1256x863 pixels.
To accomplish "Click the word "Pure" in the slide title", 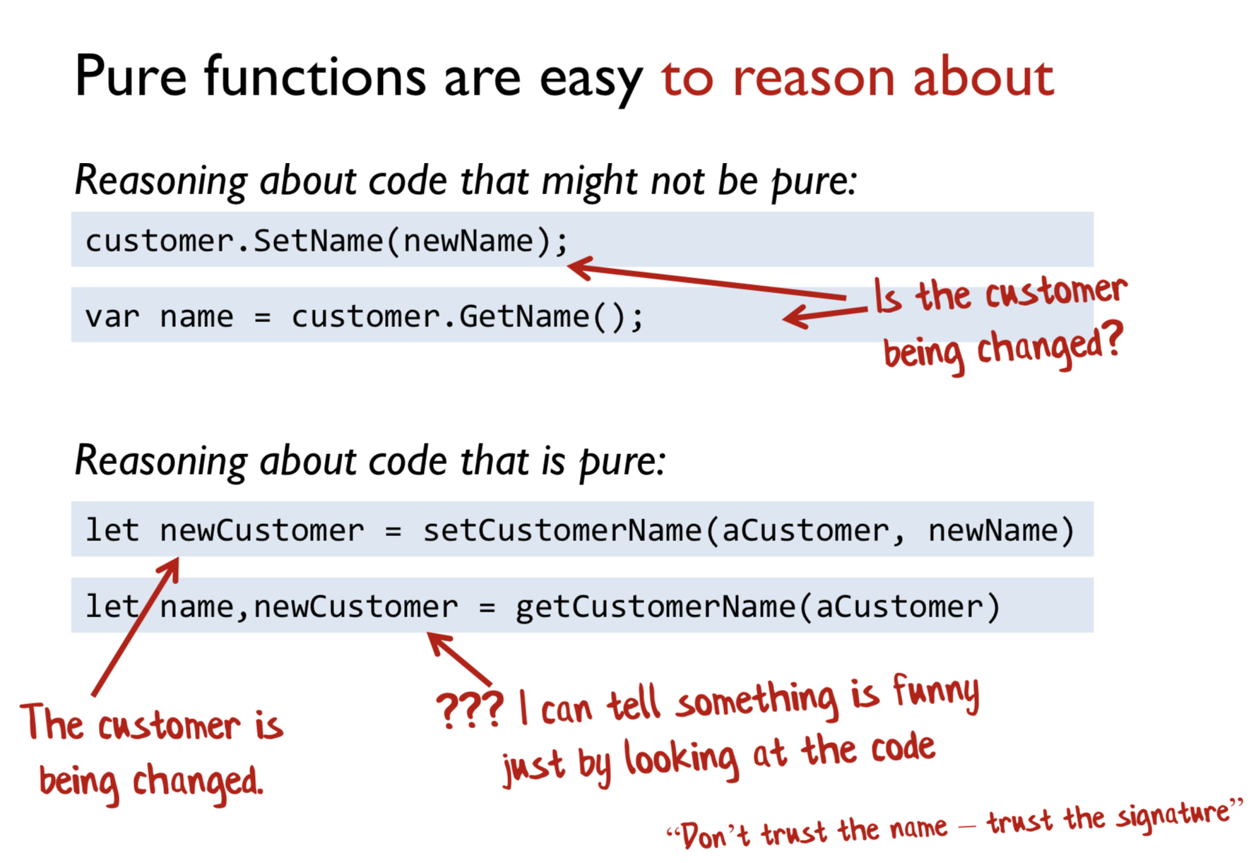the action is click(x=131, y=76).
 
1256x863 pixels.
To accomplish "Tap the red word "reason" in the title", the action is click(x=814, y=78).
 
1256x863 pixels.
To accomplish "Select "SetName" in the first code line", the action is click(x=319, y=241).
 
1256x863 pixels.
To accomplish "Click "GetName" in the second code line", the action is click(x=525, y=316).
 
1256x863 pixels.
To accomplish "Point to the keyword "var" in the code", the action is click(x=112, y=317).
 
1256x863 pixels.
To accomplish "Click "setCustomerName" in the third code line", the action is click(x=563, y=530).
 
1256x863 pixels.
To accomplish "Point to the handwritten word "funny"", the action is click(x=937, y=693).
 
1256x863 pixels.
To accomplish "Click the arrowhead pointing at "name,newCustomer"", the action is click(x=439, y=643).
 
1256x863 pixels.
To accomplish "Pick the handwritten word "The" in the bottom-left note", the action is click(x=53, y=722).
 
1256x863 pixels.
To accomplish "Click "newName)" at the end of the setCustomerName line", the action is click(x=1001, y=530).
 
